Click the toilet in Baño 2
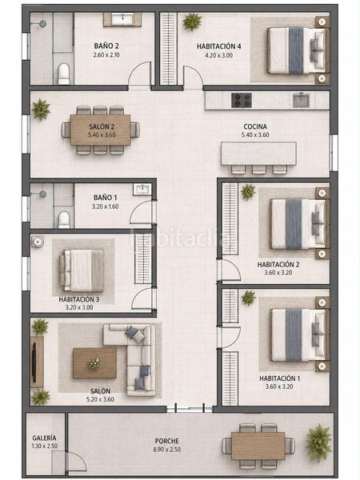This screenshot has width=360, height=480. point(64,74)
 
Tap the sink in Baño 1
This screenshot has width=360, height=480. point(142,189)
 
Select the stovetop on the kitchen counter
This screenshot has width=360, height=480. point(242,101)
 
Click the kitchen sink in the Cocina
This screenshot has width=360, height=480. point(301,101)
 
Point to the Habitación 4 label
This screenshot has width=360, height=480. point(218,46)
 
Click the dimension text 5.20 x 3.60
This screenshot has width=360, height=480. point(101,399)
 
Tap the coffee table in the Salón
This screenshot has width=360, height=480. point(94,363)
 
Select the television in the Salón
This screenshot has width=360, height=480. point(34,362)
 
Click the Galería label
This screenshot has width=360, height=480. point(44,438)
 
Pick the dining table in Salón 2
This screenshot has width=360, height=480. point(101,130)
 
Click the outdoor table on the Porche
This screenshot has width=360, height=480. point(258,446)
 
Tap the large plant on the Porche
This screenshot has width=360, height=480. point(319,442)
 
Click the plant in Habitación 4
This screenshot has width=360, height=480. point(192,22)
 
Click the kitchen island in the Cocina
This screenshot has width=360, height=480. point(258,154)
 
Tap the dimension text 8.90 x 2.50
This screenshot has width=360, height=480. point(167,450)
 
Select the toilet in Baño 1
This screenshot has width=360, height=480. point(64,219)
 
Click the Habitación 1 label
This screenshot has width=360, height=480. point(279,378)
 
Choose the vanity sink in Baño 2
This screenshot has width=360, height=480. point(122,19)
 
